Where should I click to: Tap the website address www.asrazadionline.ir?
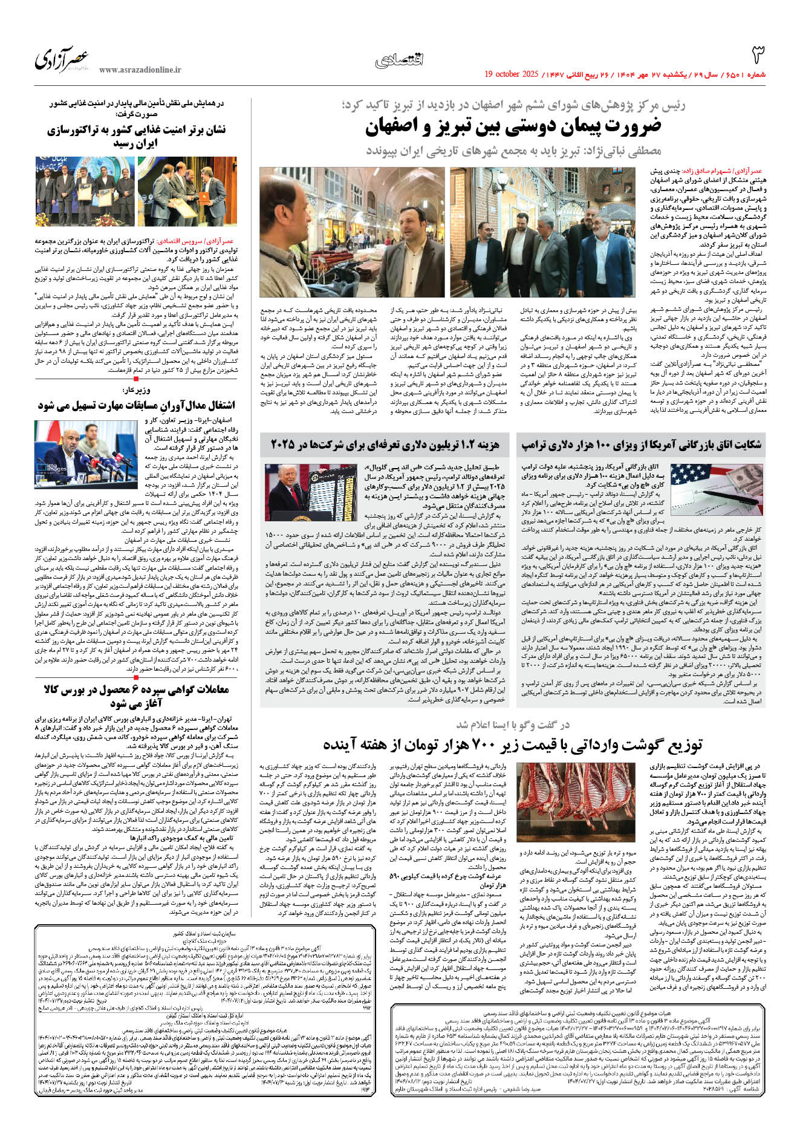point(140,70)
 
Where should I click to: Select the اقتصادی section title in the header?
point(400,59)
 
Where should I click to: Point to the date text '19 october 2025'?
point(511,74)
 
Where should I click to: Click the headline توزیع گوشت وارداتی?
point(513,745)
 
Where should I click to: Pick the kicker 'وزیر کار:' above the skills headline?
point(136,390)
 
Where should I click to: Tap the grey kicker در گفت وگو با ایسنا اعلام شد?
point(513,725)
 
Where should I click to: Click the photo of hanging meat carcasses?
point(554,804)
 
